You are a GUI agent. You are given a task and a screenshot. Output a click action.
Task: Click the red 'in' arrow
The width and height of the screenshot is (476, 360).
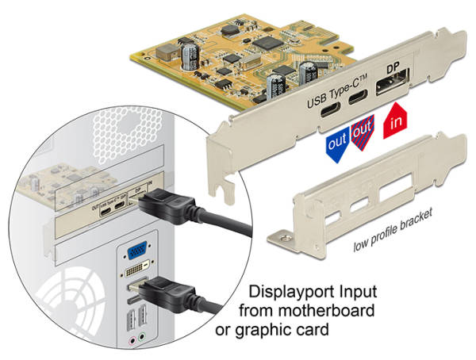tap(396, 122)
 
